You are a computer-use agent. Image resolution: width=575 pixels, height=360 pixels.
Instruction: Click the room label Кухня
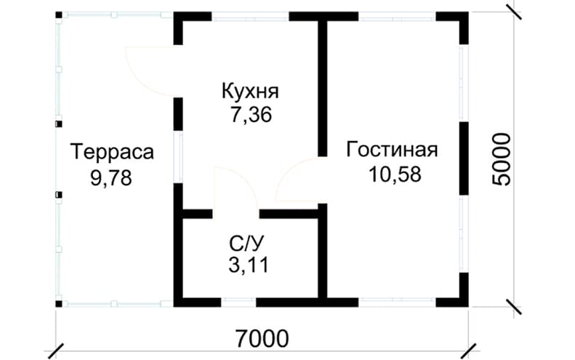[x=251, y=92]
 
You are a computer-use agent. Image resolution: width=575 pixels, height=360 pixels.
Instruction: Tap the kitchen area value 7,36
[x=252, y=115]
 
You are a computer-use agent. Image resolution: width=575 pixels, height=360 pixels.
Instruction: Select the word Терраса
[x=112, y=153]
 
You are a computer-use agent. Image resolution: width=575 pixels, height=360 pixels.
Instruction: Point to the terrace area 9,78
[x=111, y=178]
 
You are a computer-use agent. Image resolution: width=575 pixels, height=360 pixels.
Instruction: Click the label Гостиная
[x=392, y=150]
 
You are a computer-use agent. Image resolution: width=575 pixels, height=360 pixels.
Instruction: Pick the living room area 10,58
[x=395, y=175]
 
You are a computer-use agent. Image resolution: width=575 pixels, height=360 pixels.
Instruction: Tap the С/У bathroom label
[x=246, y=242]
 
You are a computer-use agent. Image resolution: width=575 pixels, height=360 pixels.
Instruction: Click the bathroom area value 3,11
[x=249, y=265]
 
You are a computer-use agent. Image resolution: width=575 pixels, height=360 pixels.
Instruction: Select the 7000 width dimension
[x=262, y=338]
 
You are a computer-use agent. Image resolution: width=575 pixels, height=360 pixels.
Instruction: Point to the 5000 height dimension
[x=502, y=159]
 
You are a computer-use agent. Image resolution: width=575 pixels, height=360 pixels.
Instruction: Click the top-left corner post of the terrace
[x=59, y=15]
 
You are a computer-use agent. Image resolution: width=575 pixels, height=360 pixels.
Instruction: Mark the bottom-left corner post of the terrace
[x=59, y=303]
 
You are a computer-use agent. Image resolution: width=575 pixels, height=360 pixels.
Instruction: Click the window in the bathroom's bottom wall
[x=238, y=302]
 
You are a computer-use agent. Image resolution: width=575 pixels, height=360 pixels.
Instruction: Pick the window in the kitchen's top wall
[x=251, y=16]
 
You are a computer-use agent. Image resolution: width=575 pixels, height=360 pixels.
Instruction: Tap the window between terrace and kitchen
[x=178, y=156]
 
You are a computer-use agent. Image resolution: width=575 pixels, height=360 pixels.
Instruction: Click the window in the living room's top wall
[x=397, y=16]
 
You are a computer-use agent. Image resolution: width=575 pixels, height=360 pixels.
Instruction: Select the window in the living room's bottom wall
[x=397, y=302]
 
